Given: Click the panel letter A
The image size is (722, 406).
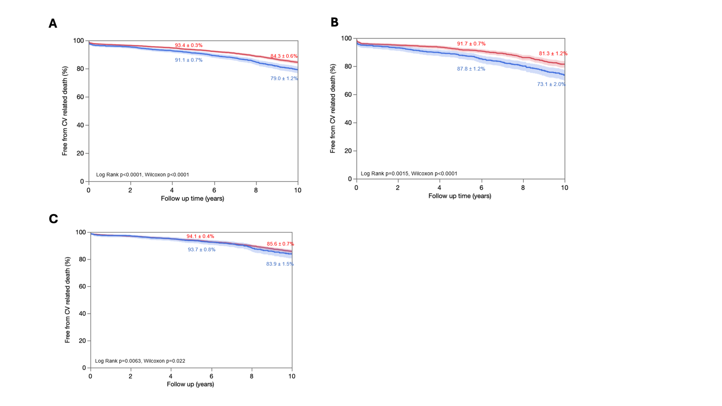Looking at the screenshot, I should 53,23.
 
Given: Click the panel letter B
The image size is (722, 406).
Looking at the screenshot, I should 334,22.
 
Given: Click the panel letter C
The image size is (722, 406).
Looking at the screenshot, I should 53,219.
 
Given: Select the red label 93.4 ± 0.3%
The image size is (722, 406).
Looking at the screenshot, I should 189,45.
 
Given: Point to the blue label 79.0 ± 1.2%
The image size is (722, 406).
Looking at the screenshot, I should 284,78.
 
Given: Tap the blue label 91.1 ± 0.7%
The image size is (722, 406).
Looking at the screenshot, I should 189,60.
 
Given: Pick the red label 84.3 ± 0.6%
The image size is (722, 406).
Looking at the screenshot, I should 284,56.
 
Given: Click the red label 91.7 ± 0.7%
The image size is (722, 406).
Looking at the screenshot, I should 471,44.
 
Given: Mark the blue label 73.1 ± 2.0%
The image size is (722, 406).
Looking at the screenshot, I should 551,84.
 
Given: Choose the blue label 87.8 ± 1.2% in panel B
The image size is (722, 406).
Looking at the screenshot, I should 471,69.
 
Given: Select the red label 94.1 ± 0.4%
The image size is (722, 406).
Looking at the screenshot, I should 200,236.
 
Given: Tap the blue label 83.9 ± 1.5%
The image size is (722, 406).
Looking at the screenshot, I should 280,264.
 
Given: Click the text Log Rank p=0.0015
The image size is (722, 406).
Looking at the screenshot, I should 384,174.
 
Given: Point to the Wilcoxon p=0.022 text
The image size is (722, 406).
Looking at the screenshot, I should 164,361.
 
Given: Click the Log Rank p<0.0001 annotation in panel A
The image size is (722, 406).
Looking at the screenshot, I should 119,175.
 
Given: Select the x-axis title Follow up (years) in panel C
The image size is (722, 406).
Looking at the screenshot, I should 190,384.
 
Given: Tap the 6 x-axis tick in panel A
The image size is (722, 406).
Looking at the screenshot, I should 214,190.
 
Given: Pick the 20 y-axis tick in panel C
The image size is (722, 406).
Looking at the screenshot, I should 82,341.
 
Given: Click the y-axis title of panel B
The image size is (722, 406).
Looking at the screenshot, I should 333,108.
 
